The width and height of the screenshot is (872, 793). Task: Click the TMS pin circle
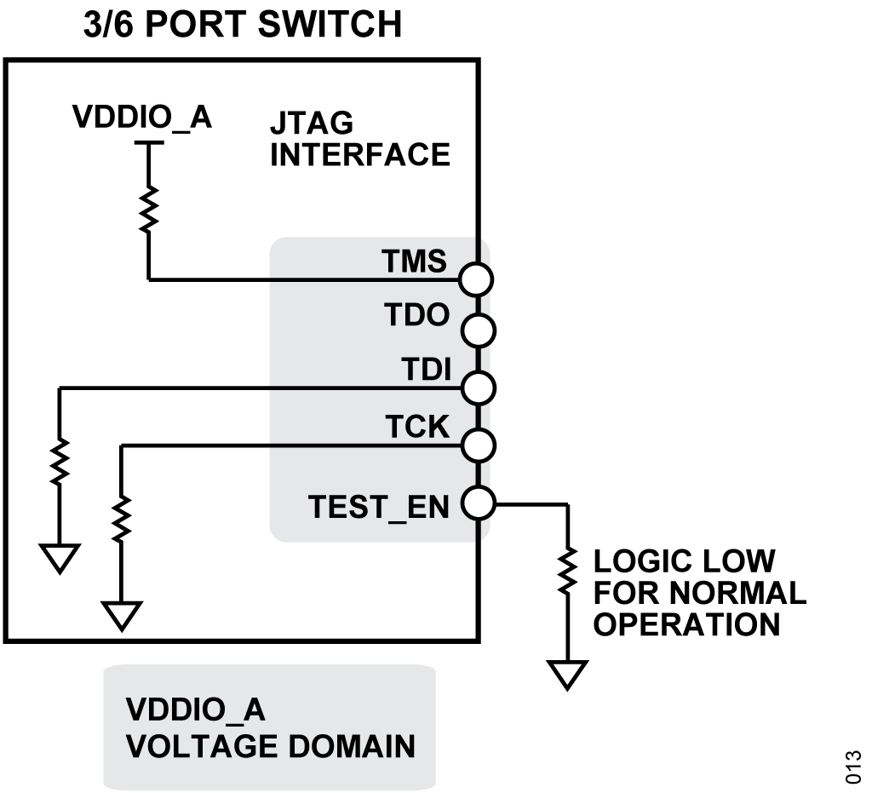pos(476,279)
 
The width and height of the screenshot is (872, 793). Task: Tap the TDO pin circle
pos(476,330)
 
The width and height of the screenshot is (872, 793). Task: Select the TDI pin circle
pos(476,388)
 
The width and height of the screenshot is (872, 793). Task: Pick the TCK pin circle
pos(476,445)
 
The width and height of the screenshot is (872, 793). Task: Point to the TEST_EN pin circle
pos(476,503)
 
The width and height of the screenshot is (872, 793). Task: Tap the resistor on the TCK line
pos(122,518)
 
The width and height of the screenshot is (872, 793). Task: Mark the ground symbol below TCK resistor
pos(122,613)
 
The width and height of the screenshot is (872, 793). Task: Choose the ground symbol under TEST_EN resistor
pos(567,675)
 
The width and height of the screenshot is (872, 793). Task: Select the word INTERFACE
pos(359,155)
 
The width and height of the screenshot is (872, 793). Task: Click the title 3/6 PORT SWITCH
pos(242,26)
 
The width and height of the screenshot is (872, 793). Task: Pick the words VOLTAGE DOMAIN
pos(271,746)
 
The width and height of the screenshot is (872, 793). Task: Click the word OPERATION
pos(686,624)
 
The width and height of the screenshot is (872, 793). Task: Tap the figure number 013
pos(853,765)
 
